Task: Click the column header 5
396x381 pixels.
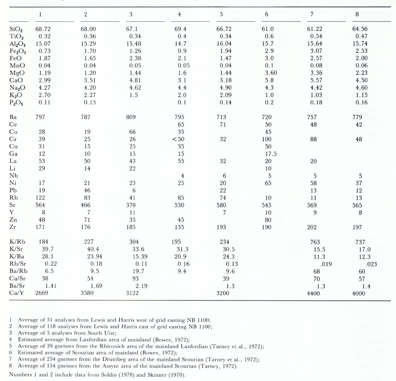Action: coord(221,14)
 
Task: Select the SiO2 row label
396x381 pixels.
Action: coord(16,29)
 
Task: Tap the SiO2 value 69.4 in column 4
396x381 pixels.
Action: coord(180,29)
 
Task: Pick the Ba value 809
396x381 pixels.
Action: coord(131,117)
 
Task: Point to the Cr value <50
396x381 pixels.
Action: coord(178,139)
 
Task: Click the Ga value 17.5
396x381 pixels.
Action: coord(271,154)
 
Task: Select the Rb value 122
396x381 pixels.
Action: coord(40,198)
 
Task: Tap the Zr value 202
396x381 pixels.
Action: coord(312,227)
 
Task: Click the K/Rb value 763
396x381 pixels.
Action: coord(315,242)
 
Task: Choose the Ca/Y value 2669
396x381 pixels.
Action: coord(42,293)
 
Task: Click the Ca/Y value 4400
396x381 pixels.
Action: coord(313,293)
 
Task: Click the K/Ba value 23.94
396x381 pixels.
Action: coord(94,256)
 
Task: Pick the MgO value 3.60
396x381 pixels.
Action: coord(271,73)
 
